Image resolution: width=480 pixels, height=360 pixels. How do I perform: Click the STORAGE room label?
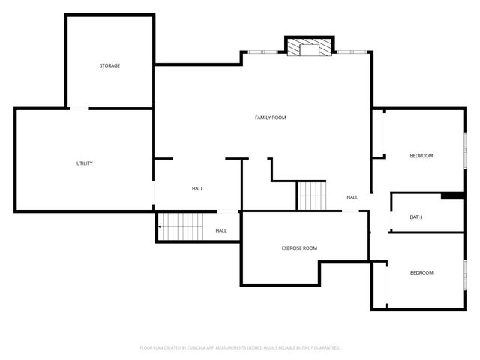tap(109, 66)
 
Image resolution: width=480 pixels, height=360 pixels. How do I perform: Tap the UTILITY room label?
tap(84, 163)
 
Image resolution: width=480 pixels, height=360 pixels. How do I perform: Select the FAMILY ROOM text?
tap(270, 118)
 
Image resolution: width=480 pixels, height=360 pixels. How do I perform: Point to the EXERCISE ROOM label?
tap(299, 248)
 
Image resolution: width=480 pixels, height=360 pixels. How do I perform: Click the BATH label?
tap(415, 217)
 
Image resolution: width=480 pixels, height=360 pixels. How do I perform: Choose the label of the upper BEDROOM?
tap(421, 156)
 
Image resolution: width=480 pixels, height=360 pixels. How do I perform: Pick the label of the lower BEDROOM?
tap(421, 272)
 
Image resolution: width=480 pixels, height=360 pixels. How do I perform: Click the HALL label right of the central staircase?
tap(352, 198)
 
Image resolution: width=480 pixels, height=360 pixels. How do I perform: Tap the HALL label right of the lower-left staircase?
tap(221, 230)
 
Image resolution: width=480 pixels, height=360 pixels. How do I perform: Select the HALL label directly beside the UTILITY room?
tap(197, 189)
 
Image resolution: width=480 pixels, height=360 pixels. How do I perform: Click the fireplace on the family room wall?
tap(309, 48)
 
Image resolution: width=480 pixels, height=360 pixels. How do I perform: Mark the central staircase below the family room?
tap(313, 196)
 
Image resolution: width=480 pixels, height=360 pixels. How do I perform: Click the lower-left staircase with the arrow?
tap(181, 226)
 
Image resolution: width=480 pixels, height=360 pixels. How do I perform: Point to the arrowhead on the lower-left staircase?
tap(160, 226)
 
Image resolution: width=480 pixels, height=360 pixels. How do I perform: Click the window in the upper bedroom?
tap(463, 145)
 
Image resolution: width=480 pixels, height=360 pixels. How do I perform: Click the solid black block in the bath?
tap(451, 196)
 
